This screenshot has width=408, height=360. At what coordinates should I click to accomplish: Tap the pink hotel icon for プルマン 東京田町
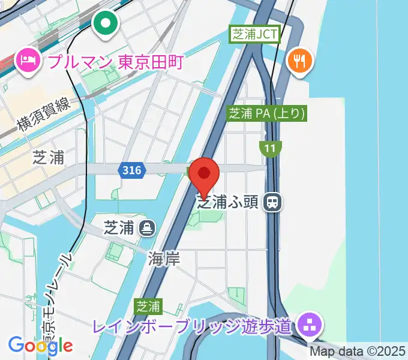pyautogui.click(x=28, y=61)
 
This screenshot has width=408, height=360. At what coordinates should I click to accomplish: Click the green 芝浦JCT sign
pyautogui.click(x=256, y=34)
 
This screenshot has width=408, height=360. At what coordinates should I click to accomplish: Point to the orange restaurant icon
pyautogui.click(x=299, y=61)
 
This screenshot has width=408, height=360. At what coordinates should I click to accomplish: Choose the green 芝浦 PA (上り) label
pyautogui.click(x=267, y=113)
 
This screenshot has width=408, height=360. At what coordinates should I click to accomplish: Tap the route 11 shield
pyautogui.click(x=271, y=147)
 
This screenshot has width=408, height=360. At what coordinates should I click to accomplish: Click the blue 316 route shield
pyautogui.click(x=131, y=171)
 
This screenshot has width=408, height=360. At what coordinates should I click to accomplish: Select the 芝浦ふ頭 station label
pyautogui.click(x=228, y=202)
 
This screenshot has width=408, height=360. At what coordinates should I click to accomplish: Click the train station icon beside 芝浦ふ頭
pyautogui.click(x=273, y=202)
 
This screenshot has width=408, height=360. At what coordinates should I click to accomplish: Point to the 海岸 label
pyautogui.click(x=164, y=259)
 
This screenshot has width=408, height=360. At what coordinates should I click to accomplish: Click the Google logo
pyautogui.click(x=40, y=345)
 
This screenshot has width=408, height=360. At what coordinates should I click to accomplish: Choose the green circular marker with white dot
pyautogui.click(x=106, y=23)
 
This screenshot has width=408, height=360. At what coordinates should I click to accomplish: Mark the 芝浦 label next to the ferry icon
pyautogui.click(x=119, y=228)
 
